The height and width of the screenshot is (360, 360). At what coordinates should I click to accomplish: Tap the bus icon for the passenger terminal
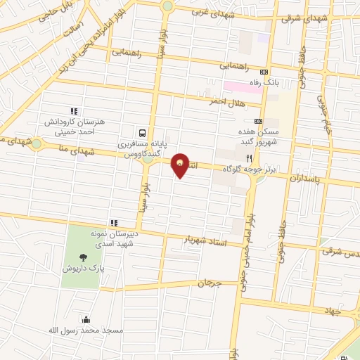point(143,132)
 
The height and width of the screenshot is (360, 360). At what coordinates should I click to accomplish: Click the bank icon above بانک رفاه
point(264,72)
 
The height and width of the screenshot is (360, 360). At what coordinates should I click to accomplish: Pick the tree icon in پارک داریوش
point(84,257)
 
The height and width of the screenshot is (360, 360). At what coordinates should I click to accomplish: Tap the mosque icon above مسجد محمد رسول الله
point(86,319)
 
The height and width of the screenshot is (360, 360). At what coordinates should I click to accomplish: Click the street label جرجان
point(209,284)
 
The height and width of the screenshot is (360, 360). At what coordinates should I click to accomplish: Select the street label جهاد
point(333,310)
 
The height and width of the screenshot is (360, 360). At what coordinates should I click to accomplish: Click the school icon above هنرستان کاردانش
point(73,110)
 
